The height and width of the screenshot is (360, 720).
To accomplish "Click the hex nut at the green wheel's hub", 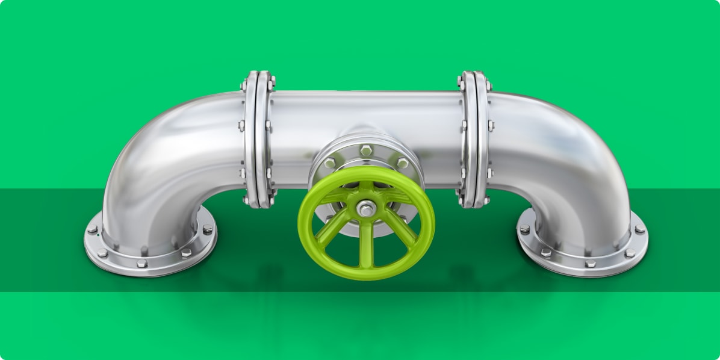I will pyautogui.click(x=366, y=209).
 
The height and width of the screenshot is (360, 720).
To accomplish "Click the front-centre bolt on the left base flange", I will pyautogui.click(x=141, y=263).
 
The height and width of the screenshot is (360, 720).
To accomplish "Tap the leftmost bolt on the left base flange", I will pyautogui.click(x=92, y=229).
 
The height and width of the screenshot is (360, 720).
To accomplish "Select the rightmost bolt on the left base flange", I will pyautogui.click(x=207, y=229).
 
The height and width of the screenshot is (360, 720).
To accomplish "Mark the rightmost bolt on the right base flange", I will pyautogui.click(x=639, y=229).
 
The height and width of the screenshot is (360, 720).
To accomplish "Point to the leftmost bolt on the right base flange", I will pyautogui.click(x=524, y=229).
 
